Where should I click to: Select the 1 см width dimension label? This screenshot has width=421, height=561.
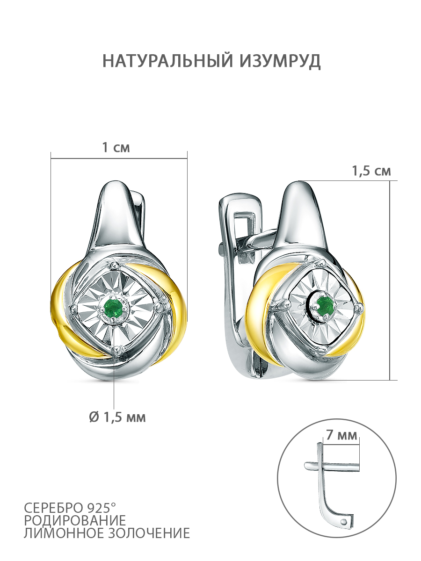116,147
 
